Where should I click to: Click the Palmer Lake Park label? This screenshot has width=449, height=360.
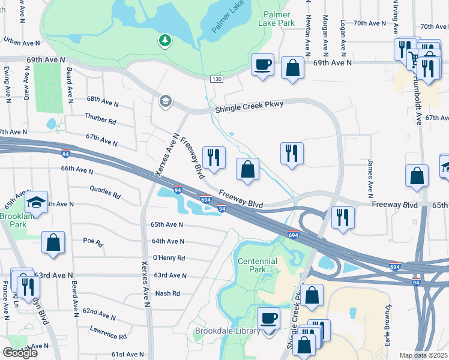pyautogui.click(x=276, y=18)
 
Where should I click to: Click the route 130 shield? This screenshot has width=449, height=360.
pyautogui.click(x=217, y=79)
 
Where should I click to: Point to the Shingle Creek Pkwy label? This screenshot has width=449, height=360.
pyautogui.click(x=249, y=107)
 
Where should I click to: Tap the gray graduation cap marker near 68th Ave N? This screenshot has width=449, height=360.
pyautogui.click(x=164, y=101)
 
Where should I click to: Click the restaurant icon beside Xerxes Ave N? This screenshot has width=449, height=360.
pyautogui.click(x=214, y=157)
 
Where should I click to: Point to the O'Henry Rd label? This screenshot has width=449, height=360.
pyautogui.click(x=169, y=258)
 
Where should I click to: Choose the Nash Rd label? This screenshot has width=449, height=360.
pyautogui.click(x=167, y=293)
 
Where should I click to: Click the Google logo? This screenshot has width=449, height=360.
pyautogui.click(x=20, y=352)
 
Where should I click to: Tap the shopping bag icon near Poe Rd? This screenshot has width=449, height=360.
pyautogui.click(x=53, y=243)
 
